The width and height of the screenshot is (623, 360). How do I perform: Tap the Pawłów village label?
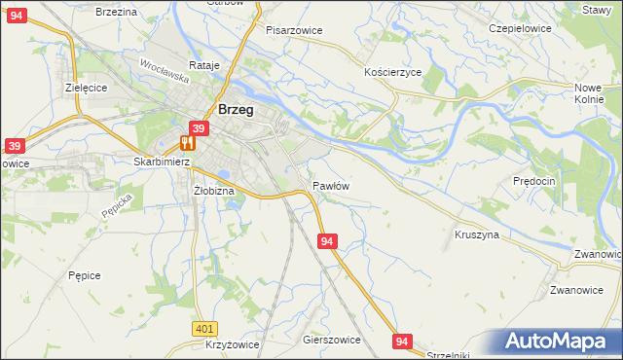point(331,185)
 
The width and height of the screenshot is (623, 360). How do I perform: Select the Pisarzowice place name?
point(294,30)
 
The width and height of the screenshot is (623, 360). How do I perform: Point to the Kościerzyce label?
point(392,73)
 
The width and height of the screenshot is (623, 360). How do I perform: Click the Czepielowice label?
point(520,28)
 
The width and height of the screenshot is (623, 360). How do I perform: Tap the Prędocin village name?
point(533,182)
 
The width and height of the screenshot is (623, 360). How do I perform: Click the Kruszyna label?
point(477,234)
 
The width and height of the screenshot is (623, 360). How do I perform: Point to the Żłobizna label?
point(214,191)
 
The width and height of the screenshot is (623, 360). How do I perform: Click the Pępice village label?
point(85,275)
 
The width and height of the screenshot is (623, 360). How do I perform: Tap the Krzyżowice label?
point(232,346)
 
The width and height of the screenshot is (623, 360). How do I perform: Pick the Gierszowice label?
point(332,340)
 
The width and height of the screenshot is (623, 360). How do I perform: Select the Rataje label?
point(205,65)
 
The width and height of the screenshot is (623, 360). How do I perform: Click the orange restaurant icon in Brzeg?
point(187,142)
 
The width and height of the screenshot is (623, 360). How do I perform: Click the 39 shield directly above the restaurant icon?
point(199,128)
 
